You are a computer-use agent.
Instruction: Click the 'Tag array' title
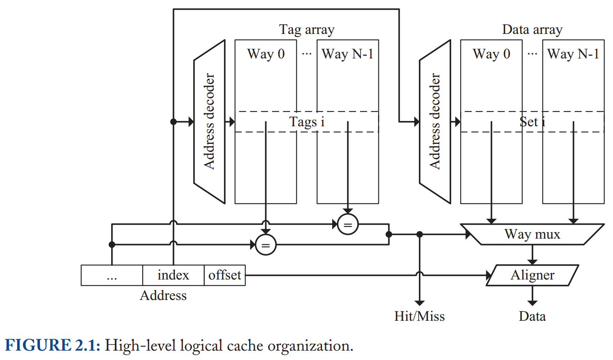pyautogui.click(x=306, y=30)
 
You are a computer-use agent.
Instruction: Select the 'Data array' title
pyautogui.click(x=532, y=30)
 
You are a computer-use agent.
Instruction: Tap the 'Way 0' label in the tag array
pyautogui.click(x=266, y=54)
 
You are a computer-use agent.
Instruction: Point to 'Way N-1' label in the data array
pyautogui.click(x=573, y=54)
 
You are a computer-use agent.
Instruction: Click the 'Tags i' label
pyautogui.click(x=306, y=122)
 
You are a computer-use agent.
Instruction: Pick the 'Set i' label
pyautogui.click(x=532, y=122)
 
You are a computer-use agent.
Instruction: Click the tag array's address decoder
pyautogui.click(x=209, y=122)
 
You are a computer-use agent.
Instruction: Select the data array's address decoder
pyautogui.click(x=435, y=122)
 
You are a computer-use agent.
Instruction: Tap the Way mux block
pyautogui.click(x=532, y=234)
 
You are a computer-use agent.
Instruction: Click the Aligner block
pyautogui.click(x=532, y=275)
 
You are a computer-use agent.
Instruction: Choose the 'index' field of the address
pyautogui.click(x=173, y=275)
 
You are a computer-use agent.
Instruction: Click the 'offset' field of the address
pyautogui.click(x=225, y=275)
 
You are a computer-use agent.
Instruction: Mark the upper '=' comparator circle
pyautogui.click(x=348, y=224)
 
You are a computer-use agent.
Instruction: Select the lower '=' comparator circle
pyautogui.click(x=266, y=245)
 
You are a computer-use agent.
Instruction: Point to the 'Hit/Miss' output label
pyautogui.click(x=419, y=316)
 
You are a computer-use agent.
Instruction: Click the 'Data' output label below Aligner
pyautogui.click(x=532, y=316)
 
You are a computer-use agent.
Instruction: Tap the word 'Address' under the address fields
pyautogui.click(x=163, y=295)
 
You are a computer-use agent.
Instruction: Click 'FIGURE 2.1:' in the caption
pyautogui.click(x=52, y=345)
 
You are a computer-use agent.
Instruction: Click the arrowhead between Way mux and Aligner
pyautogui.click(x=532, y=262)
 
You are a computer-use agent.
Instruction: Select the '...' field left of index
pyautogui.click(x=112, y=275)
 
